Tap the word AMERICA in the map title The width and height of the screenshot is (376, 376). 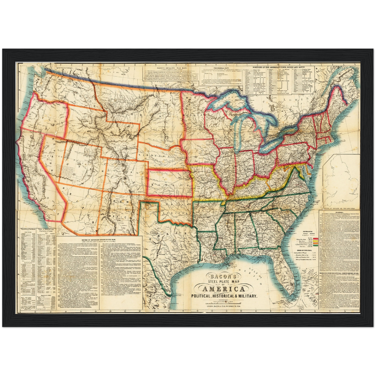(223, 289)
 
